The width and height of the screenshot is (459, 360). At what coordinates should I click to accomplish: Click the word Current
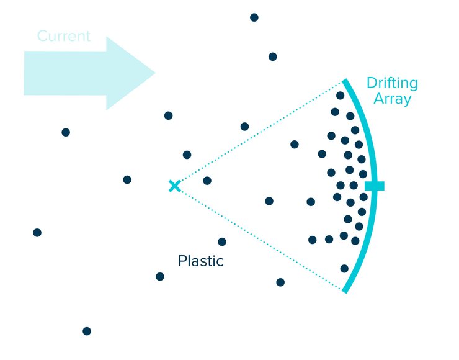point(64,36)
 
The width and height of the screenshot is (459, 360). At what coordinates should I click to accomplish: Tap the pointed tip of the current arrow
point(154,73)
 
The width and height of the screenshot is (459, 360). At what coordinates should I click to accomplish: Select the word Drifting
point(392,83)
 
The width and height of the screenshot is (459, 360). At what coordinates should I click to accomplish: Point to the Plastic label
point(200,261)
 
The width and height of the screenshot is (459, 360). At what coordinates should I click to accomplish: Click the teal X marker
point(175,186)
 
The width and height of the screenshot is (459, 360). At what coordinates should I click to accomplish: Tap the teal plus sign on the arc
point(374,186)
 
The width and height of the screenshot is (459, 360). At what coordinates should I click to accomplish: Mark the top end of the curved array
point(345,80)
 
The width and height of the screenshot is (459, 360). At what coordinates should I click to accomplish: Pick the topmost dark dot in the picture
point(254,17)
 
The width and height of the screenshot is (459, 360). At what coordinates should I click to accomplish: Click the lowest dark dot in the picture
point(87,331)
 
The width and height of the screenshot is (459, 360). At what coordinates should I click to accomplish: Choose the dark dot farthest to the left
point(37,233)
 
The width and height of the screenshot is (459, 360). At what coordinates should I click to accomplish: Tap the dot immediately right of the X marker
point(207,181)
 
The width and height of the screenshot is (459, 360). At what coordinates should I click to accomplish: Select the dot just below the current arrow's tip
point(168,115)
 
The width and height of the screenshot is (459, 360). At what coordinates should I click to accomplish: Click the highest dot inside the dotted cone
point(340,96)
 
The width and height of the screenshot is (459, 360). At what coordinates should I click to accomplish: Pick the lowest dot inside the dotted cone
point(344,269)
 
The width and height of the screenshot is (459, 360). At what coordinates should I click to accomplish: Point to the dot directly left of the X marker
point(127,180)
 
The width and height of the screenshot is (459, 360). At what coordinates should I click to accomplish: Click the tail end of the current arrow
point(25,73)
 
